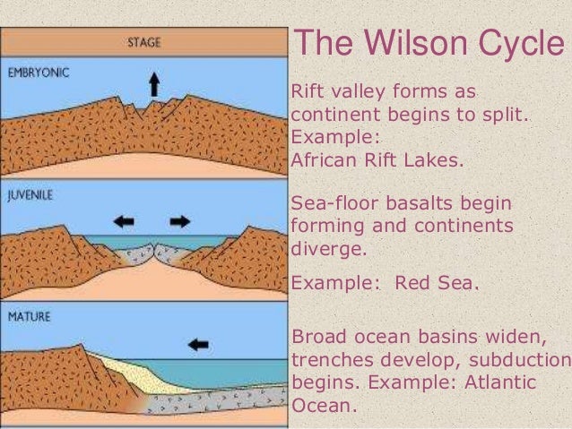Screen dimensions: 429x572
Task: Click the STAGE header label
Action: pos(145,40)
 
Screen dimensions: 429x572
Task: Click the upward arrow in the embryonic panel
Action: pos(153,84)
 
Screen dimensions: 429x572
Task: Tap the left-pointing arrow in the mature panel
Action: pos(199,341)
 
